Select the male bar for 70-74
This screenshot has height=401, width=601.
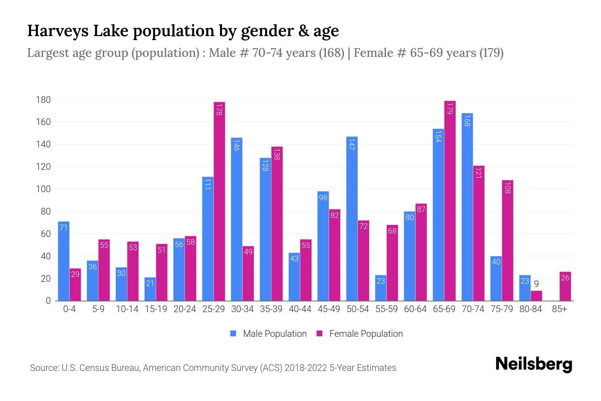(x=467, y=207)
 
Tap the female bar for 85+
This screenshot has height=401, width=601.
(x=565, y=286)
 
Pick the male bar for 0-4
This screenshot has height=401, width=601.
(x=64, y=261)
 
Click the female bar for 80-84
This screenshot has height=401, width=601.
(x=536, y=296)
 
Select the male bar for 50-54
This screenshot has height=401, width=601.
(x=352, y=219)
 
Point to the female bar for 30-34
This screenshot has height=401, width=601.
(x=248, y=273)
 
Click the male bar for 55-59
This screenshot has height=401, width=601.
(x=381, y=288)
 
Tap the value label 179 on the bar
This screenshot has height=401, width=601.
(x=450, y=108)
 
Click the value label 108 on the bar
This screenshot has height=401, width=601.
(x=508, y=187)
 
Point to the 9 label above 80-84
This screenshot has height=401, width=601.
(x=536, y=284)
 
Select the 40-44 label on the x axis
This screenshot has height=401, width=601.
(x=300, y=309)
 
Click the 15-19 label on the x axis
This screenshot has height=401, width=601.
(x=156, y=309)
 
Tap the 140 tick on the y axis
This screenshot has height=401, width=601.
(x=43, y=144)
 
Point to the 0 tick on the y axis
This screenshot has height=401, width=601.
(x=48, y=301)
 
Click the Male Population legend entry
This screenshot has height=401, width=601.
(x=274, y=333)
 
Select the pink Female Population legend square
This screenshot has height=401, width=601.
(x=320, y=333)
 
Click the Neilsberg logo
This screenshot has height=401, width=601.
(x=534, y=364)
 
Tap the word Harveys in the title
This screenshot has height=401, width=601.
(x=58, y=31)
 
